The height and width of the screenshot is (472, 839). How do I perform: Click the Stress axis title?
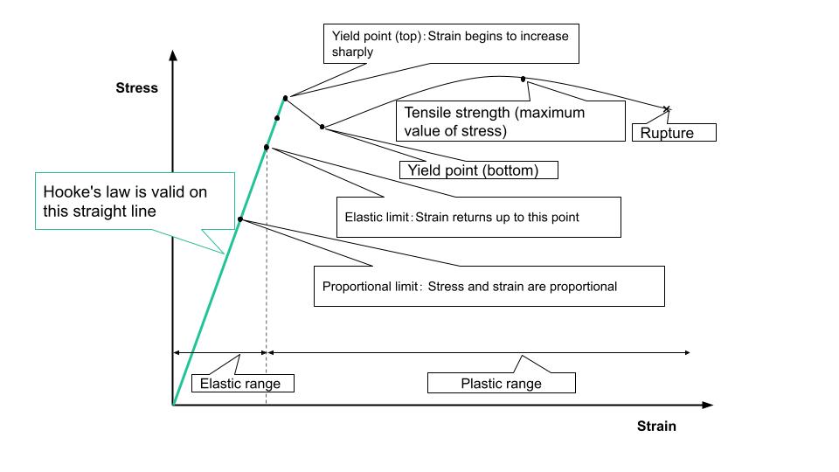[x=137, y=87]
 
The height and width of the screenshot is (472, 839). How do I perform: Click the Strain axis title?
[x=656, y=426]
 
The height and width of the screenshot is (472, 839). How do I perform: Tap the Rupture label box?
[x=674, y=132]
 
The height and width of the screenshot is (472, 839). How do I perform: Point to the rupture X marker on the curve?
[x=667, y=109]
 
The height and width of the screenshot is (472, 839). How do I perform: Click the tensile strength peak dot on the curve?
[x=523, y=80]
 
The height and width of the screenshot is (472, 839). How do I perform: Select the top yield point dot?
[x=285, y=99]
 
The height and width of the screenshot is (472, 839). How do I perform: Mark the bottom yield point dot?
[x=322, y=127]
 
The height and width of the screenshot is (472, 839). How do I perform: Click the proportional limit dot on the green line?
[x=240, y=219]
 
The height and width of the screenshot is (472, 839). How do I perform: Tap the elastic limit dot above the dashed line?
[x=267, y=147]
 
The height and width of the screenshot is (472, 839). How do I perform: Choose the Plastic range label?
[x=502, y=383]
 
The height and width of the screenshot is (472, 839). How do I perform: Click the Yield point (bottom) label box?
[x=479, y=170]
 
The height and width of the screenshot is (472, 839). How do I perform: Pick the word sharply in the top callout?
[x=352, y=52]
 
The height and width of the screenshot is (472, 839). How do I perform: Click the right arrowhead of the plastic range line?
[x=687, y=352]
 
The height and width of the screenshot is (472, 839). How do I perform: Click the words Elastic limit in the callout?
[x=377, y=218]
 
